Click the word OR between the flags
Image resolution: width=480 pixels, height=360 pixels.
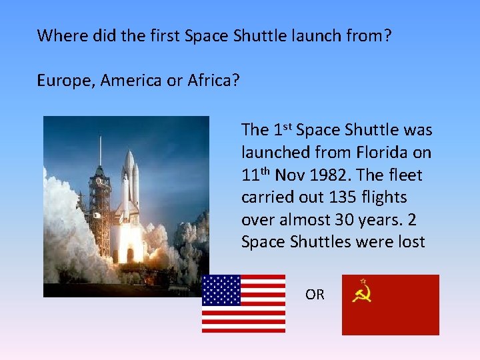click(x=315, y=294)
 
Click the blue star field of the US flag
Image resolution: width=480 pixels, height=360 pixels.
click(x=221, y=290)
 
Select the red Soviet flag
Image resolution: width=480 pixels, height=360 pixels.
click(x=390, y=305)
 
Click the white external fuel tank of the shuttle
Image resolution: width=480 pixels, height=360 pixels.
click(x=129, y=180)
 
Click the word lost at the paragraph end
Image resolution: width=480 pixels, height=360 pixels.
click(x=410, y=242)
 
